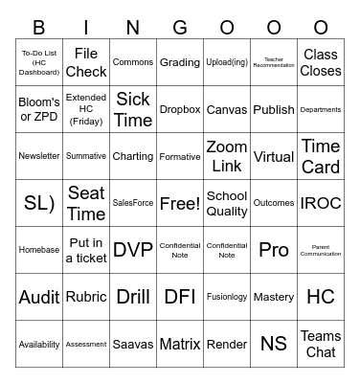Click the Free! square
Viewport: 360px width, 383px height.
(x=180, y=203)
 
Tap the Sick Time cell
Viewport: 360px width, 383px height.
(x=133, y=109)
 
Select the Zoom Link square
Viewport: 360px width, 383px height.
(x=227, y=156)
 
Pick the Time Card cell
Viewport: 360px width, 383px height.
(x=321, y=156)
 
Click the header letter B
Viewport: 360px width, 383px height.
(x=39, y=27)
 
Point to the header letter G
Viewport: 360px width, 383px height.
(x=180, y=27)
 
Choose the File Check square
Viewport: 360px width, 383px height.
(x=86, y=62)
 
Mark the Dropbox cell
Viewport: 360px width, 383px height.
(x=180, y=109)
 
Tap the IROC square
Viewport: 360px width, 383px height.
(x=321, y=203)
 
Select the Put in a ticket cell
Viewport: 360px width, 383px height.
(x=86, y=250)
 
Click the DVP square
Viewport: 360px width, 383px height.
(x=133, y=250)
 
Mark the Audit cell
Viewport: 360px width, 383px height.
(x=39, y=297)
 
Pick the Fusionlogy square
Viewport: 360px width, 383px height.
(x=227, y=297)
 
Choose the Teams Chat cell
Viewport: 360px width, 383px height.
(x=321, y=344)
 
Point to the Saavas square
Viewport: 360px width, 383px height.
(x=133, y=344)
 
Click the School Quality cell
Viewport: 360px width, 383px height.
(x=227, y=203)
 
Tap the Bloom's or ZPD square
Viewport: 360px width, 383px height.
(x=39, y=109)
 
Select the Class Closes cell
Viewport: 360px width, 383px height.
(x=321, y=62)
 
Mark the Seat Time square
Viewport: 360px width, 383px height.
(x=86, y=203)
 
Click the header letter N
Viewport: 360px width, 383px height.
(x=133, y=27)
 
